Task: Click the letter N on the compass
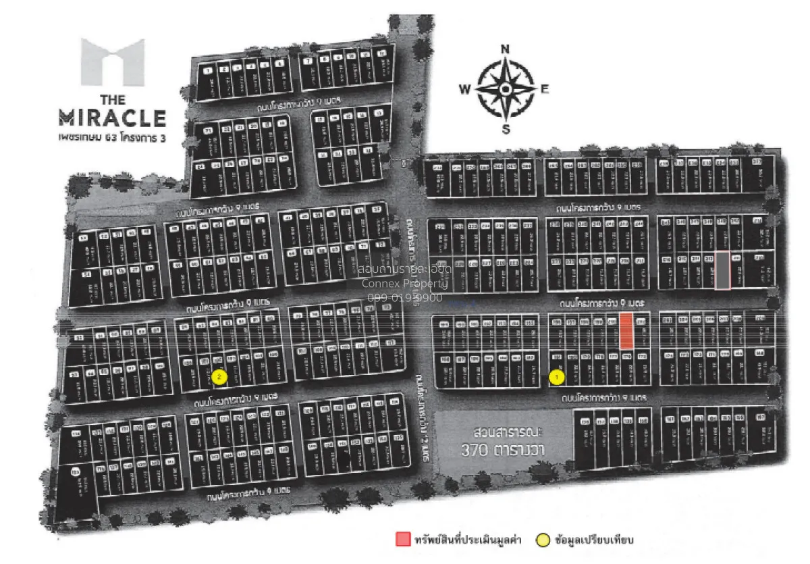point(505,49)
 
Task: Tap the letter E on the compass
point(544,88)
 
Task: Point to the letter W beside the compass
point(465,88)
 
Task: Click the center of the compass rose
point(505,88)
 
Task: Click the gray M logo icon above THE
point(113,61)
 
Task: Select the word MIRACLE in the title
point(112,118)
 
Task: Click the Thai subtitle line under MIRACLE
point(112,140)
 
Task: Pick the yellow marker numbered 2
point(218,377)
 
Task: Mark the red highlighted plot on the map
point(626,331)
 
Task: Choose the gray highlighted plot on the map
point(722,270)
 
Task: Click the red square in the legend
point(402,539)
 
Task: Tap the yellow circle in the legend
point(542,539)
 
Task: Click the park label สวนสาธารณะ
point(504,432)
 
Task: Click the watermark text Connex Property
point(401,284)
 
